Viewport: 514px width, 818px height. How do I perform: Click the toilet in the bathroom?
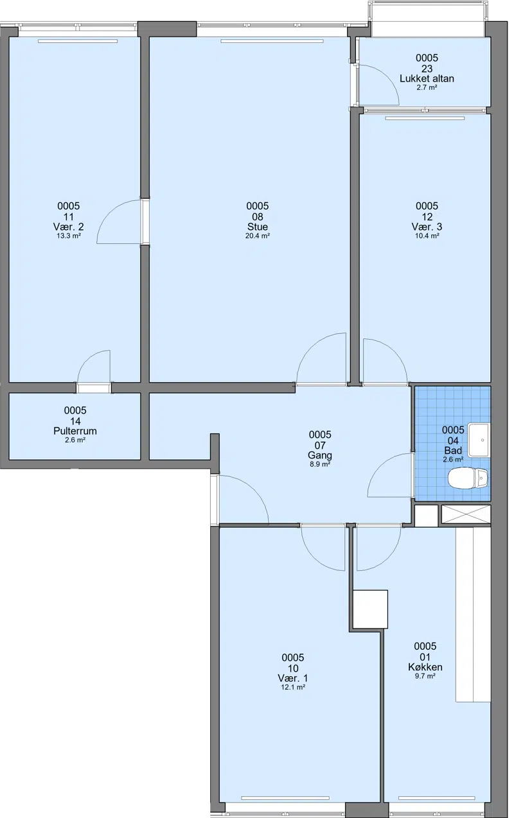467,478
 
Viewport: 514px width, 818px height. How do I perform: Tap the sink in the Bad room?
479,440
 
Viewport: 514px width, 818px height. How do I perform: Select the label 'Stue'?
258,227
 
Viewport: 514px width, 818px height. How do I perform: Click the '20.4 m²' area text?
258,236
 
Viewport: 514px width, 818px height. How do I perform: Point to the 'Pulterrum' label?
75,431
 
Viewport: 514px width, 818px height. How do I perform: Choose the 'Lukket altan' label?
427,78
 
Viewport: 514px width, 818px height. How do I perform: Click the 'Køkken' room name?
425,667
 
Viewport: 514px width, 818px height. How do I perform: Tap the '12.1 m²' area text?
293,687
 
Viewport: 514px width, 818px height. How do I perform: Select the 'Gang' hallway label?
320,455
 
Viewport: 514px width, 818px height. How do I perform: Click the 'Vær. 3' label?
427,227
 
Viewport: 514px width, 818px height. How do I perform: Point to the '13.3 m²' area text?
69,236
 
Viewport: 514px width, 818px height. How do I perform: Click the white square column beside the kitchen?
371,609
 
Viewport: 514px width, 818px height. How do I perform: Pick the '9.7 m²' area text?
425,676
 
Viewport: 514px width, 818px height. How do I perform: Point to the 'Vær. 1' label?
293,678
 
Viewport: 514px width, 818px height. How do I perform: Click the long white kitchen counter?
473,614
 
